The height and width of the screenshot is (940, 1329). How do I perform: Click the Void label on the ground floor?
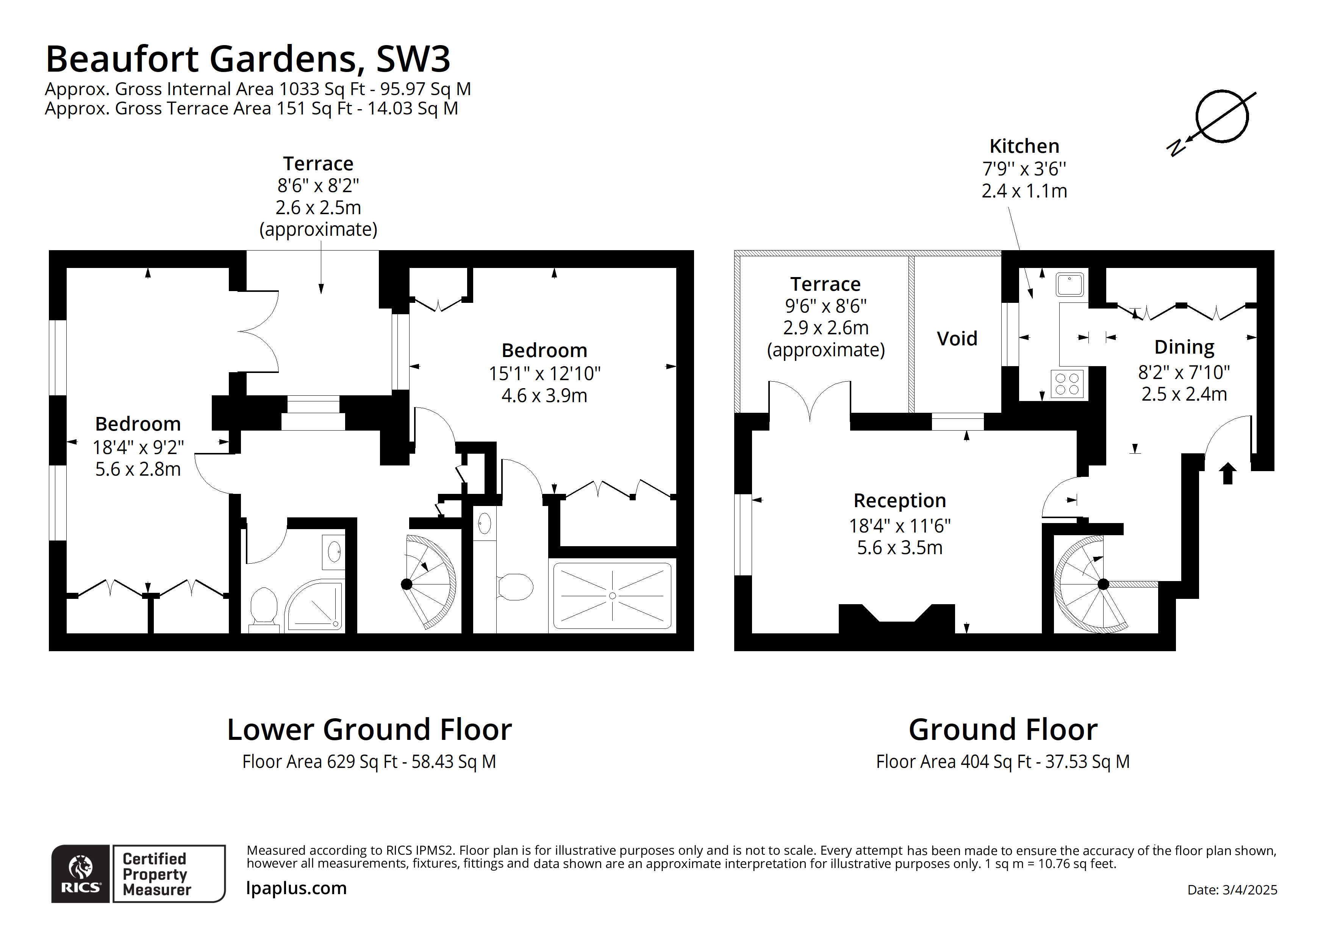(x=957, y=339)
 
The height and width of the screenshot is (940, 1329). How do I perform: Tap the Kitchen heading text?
(x=1024, y=146)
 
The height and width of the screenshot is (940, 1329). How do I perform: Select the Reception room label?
(x=899, y=500)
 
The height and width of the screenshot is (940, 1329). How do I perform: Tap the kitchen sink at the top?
(x=1070, y=284)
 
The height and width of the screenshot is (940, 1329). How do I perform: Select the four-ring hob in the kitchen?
(x=1067, y=384)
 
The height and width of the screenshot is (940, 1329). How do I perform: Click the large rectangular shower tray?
(x=612, y=596)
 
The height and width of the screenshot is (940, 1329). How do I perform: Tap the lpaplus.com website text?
(x=296, y=888)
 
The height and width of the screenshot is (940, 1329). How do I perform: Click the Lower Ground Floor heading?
(x=369, y=729)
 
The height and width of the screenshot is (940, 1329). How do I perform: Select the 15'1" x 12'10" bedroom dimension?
(x=544, y=374)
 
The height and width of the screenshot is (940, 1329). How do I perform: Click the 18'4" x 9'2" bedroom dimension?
(x=138, y=447)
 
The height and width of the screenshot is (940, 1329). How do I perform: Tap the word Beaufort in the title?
(x=123, y=59)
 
